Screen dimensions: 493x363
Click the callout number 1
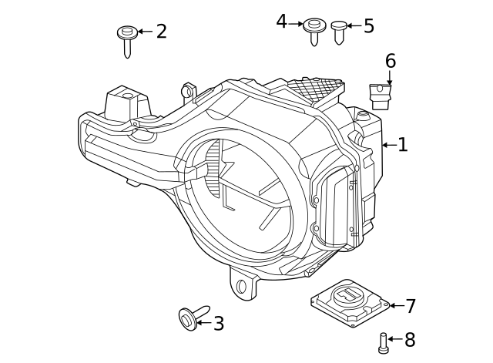[403, 145]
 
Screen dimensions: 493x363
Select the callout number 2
[162, 32]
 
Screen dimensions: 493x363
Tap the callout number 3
[219, 324]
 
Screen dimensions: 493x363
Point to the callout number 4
[282, 22]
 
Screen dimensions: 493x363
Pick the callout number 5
[369, 25]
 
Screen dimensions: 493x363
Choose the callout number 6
[391, 61]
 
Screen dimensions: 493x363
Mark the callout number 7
[411, 306]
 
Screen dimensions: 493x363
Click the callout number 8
[410, 339]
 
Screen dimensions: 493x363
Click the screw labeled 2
[127, 42]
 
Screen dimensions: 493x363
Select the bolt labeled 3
[193, 317]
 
